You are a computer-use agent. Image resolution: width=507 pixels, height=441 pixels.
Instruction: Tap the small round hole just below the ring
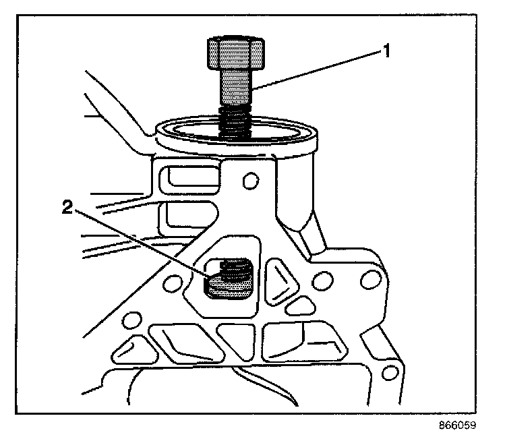(x=251, y=181)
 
